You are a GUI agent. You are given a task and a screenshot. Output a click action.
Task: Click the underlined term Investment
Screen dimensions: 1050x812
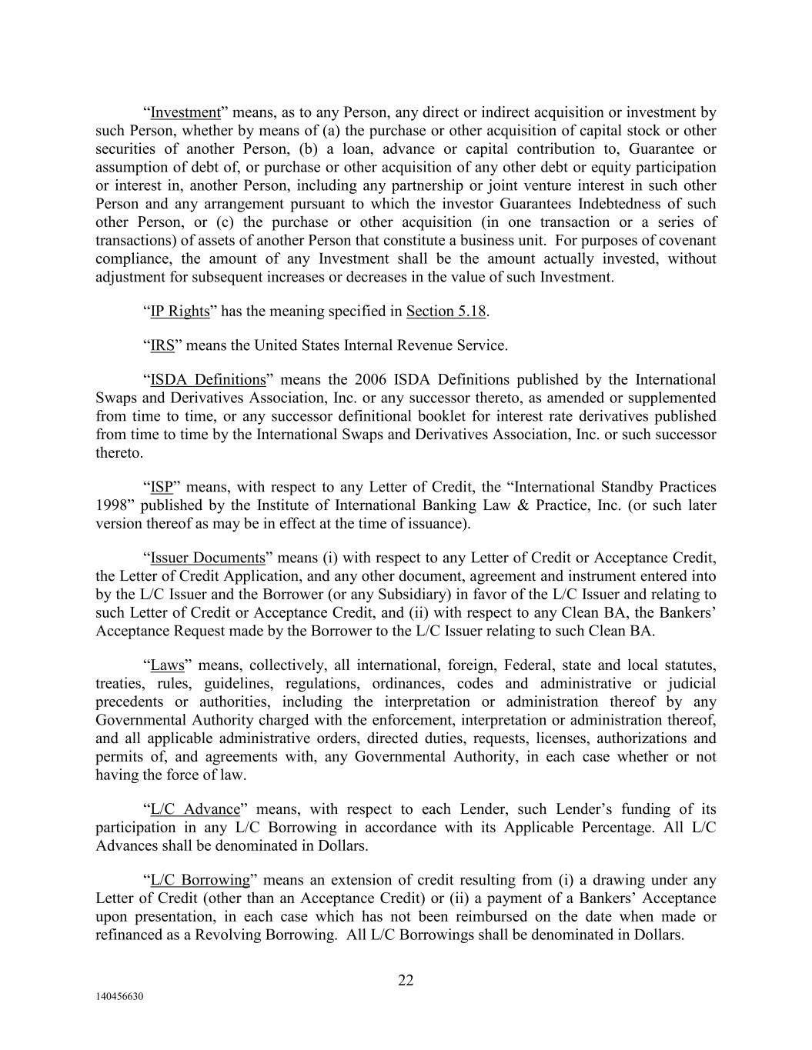(x=185, y=113)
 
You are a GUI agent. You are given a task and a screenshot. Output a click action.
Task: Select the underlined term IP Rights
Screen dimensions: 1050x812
(x=179, y=312)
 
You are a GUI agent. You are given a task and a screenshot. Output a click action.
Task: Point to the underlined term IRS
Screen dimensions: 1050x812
(x=162, y=346)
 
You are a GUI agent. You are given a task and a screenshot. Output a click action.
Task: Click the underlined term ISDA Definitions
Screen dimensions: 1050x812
(x=207, y=380)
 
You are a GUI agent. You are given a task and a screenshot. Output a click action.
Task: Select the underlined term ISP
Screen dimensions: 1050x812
(x=161, y=488)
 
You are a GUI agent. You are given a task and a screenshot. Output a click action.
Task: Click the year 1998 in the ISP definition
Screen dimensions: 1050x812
(x=111, y=506)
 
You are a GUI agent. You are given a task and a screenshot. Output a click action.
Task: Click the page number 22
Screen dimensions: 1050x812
(x=406, y=981)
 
